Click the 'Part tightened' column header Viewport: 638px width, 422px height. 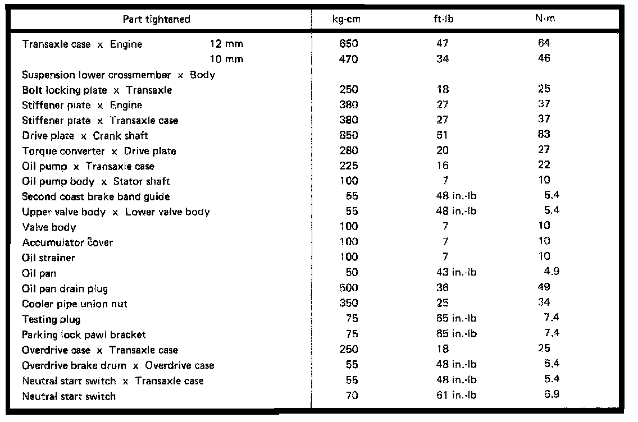(157, 19)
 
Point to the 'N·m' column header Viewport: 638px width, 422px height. (544, 19)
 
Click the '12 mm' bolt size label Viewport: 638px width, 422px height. (226, 44)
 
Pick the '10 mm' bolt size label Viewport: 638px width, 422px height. (226, 59)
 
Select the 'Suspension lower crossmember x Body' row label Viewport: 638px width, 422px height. (119, 75)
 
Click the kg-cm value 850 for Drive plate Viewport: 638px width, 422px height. (349, 135)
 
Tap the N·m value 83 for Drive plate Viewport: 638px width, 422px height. (544, 135)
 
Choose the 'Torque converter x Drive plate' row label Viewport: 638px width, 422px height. (99, 151)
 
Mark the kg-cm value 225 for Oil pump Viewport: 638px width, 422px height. (349, 166)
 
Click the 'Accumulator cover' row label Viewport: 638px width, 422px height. (67, 242)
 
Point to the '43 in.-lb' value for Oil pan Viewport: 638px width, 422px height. (456, 273)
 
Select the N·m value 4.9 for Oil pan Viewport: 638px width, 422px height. (552, 272)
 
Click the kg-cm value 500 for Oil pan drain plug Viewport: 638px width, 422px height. (349, 288)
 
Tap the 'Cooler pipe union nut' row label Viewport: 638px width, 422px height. (75, 304)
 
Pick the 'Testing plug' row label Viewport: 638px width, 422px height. (51, 319)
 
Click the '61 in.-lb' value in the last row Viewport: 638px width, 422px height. (456, 396)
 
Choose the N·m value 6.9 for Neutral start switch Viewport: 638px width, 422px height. (552, 395)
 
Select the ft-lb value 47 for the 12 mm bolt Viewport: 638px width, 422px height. (443, 44)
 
